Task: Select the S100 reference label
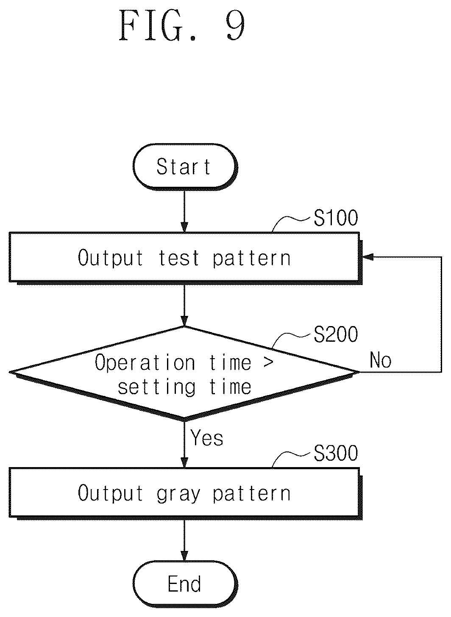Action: tap(336, 218)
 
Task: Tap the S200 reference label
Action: tap(336, 335)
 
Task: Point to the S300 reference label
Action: tap(336, 453)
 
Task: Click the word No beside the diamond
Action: tap(381, 360)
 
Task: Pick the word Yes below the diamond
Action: tap(207, 437)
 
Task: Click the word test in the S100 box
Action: tap(178, 258)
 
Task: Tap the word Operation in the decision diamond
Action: tap(145, 362)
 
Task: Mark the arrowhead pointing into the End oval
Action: tap(184, 556)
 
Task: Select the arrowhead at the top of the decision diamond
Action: tap(184, 321)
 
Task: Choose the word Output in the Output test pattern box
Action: tap(110, 258)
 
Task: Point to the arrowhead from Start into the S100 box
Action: tap(184, 227)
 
